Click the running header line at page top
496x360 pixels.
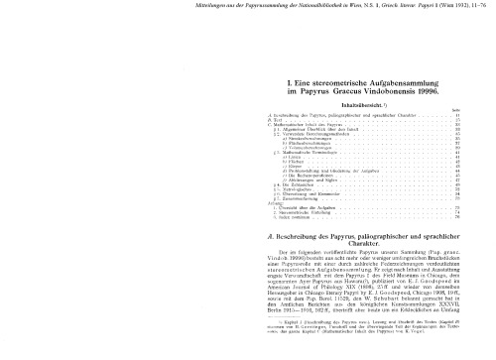[248, 8]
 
